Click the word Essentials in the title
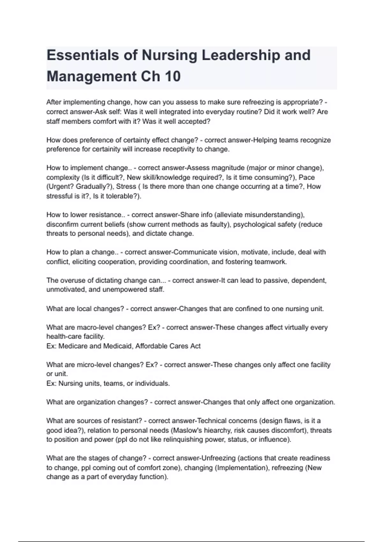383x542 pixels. point(83,55)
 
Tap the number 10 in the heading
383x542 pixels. point(173,77)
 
